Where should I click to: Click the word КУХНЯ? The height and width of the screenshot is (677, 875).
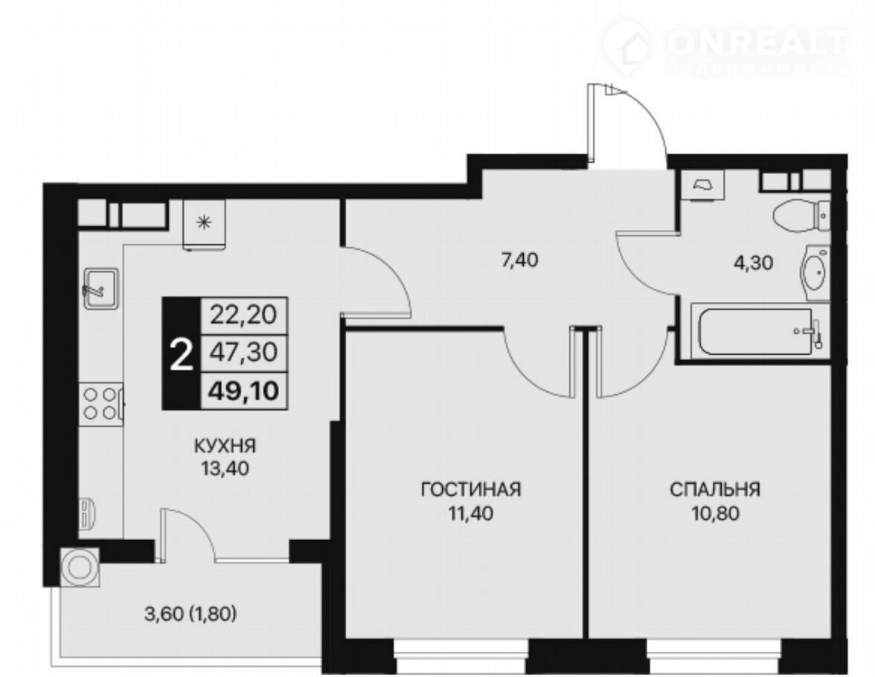225,446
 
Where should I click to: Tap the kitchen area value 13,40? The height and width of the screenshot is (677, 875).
225,469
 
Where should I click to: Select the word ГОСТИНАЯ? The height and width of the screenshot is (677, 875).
471,490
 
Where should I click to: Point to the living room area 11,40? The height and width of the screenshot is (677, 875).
471,513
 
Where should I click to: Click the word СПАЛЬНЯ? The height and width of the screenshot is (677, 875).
715,490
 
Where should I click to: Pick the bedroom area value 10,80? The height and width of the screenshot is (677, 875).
716,513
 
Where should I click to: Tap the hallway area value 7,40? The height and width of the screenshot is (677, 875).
519,260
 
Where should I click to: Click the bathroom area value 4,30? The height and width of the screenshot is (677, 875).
753,263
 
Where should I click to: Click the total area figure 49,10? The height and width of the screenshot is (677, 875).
243,391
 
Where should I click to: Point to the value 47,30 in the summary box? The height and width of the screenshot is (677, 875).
243,352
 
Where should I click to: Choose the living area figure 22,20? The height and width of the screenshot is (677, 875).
243,315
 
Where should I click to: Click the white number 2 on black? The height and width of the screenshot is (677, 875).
181,356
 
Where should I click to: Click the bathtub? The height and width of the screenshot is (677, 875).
759,331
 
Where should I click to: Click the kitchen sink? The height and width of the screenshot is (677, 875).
101,287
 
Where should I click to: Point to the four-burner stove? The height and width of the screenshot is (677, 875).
101,403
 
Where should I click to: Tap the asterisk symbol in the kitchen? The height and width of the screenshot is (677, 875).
205,222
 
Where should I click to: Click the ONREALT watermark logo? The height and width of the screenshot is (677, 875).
726,46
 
